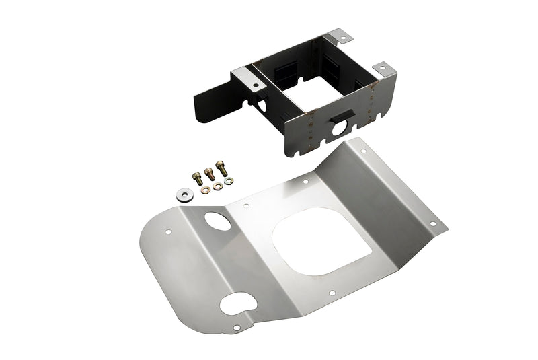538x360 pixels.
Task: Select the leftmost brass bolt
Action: click(197, 178)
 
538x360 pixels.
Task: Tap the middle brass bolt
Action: click(209, 174)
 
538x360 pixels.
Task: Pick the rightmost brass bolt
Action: click(221, 168)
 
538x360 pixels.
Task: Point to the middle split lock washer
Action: click(217, 186)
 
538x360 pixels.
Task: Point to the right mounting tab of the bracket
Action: click(383, 69)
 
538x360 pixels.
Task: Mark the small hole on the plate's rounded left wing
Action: click(168, 233)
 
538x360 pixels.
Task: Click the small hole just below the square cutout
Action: click(331, 293)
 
